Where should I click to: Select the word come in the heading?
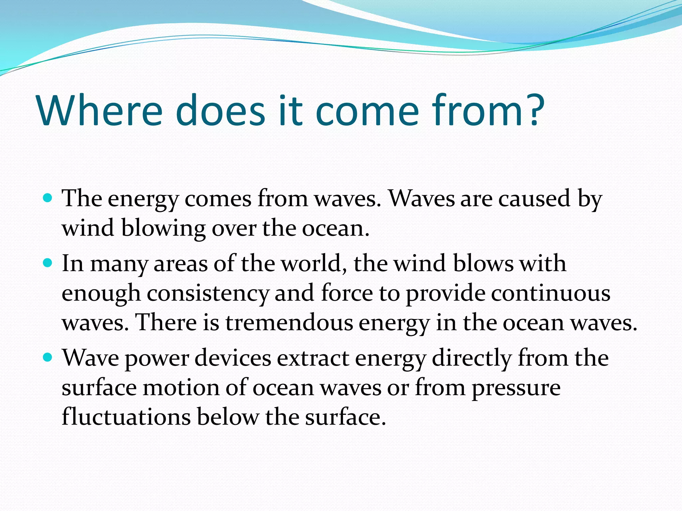coord(367,111)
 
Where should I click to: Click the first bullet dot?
coord(48,198)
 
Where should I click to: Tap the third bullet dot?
coord(48,358)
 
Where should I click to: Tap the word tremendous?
coord(289,322)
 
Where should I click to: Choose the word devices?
coord(233,358)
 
